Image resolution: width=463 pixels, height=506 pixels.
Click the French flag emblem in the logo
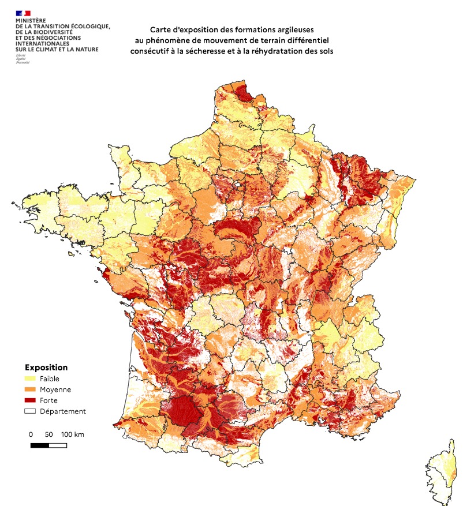coord(23,13)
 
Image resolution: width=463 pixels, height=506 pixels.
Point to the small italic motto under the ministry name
coord(21,58)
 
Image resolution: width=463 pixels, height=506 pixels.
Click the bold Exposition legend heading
coord(46,367)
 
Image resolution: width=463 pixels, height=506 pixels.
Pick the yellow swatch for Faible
coord(30,378)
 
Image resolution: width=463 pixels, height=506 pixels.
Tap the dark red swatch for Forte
coord(30,400)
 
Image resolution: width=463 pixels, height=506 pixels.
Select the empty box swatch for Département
coord(30,411)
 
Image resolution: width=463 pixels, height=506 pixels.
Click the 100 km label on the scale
coord(72,434)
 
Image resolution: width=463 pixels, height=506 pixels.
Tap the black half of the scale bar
coord(39,445)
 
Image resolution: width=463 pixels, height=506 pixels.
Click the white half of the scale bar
coord(58,445)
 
